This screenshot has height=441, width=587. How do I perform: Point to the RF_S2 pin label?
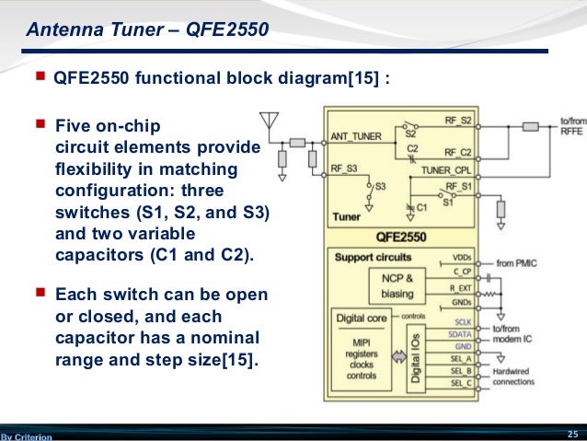458,121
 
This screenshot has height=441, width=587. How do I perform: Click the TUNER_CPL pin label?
447,170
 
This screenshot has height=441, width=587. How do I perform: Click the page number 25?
572,433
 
